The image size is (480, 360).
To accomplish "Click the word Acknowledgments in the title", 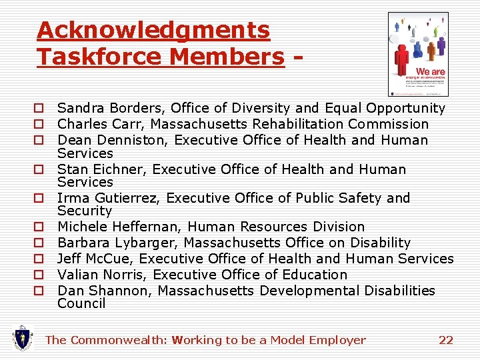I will pos(153,30).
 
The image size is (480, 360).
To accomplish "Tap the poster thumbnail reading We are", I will pos(418,54).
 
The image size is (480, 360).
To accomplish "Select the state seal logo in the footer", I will pos(23,338).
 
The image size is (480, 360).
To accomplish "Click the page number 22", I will pos(446,340).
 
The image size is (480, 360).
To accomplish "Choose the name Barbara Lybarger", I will pos(117,243).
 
